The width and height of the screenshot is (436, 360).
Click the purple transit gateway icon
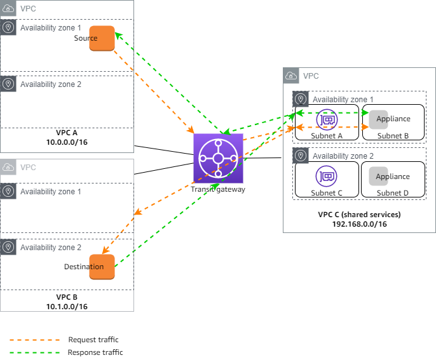(x=218, y=159)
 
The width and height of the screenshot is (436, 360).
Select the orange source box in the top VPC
(x=102, y=38)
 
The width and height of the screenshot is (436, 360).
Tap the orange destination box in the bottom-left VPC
(x=102, y=267)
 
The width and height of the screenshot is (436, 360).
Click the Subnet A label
(x=327, y=135)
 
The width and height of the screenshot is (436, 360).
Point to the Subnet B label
(x=393, y=135)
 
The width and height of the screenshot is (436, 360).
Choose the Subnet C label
(x=327, y=192)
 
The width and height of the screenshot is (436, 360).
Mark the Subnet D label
(x=393, y=192)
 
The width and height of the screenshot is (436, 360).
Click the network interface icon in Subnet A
(x=327, y=119)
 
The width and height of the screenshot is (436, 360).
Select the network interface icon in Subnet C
(x=327, y=176)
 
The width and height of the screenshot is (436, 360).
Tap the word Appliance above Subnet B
(x=393, y=119)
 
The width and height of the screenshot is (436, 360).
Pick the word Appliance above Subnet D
(x=393, y=177)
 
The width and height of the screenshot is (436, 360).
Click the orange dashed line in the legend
(x=35, y=340)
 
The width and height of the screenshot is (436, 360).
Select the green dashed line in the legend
(x=35, y=352)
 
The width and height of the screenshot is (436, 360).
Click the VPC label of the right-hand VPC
(x=311, y=76)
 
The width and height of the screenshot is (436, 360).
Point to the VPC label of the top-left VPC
(x=28, y=9)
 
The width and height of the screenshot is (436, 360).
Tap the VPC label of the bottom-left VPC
(x=28, y=168)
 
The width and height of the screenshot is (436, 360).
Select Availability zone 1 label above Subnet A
(x=343, y=100)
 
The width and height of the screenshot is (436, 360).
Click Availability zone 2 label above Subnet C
(x=343, y=156)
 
